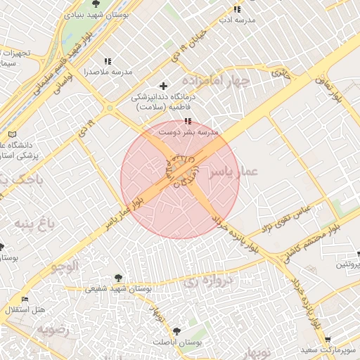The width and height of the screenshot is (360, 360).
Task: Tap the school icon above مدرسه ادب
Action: (x=237, y=9)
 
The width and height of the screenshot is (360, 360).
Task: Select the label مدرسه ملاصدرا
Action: (x=108, y=72)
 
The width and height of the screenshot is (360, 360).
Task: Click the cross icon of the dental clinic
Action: (x=164, y=86)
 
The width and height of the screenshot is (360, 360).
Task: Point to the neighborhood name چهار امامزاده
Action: (x=220, y=80)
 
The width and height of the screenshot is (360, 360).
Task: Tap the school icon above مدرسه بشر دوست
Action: (x=187, y=122)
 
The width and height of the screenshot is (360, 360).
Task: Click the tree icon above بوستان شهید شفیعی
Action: (x=118, y=278)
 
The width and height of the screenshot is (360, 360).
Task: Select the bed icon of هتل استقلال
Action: (x=25, y=300)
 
